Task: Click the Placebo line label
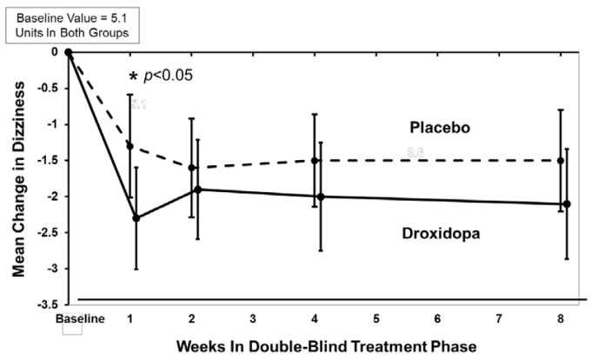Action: [x=440, y=128]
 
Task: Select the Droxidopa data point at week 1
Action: [x=136, y=217]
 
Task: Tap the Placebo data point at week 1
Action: [x=130, y=146]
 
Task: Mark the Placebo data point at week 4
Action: [x=315, y=160]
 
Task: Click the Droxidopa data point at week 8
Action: [x=567, y=204]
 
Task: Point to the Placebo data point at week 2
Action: [x=191, y=168]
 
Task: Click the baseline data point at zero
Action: [x=69, y=52]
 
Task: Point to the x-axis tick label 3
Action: [x=254, y=319]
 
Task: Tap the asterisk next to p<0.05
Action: [x=134, y=77]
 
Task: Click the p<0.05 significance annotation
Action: [x=169, y=75]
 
